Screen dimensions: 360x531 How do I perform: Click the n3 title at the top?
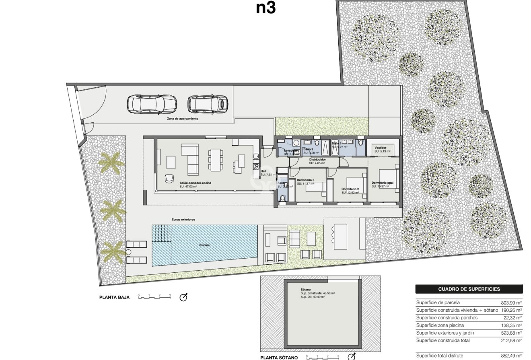point(265,8)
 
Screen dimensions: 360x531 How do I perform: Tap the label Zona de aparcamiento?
point(183,119)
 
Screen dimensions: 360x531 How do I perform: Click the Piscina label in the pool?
point(204,245)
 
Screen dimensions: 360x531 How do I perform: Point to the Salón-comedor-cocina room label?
point(196,183)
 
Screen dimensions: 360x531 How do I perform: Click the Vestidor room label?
point(380,148)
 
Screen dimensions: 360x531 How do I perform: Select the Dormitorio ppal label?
point(383,183)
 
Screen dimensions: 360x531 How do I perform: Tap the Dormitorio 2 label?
point(350,189)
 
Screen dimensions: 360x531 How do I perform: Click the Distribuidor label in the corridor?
point(317,160)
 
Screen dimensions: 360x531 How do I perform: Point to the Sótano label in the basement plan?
point(306,290)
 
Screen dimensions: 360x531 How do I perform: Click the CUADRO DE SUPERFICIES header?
point(469,289)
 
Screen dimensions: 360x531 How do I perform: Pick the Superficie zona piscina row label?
point(440,325)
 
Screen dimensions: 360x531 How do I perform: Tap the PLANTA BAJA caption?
point(114,298)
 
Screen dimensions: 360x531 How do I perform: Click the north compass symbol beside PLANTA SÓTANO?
point(352,357)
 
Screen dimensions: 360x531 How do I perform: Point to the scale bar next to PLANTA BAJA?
point(154,297)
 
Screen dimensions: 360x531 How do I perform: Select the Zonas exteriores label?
point(183,220)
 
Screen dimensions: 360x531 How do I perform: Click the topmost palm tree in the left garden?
point(111,163)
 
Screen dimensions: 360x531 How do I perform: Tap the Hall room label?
point(264,171)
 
